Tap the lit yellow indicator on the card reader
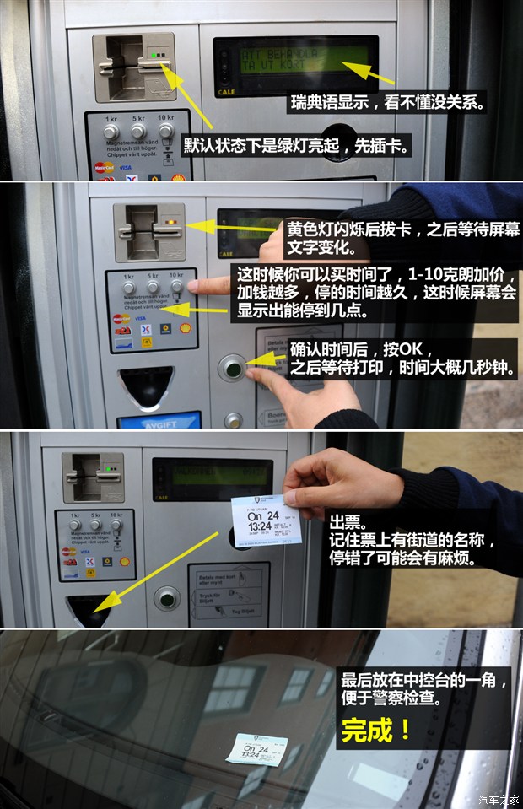click(x=172, y=223)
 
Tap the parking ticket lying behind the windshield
click(x=256, y=748)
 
